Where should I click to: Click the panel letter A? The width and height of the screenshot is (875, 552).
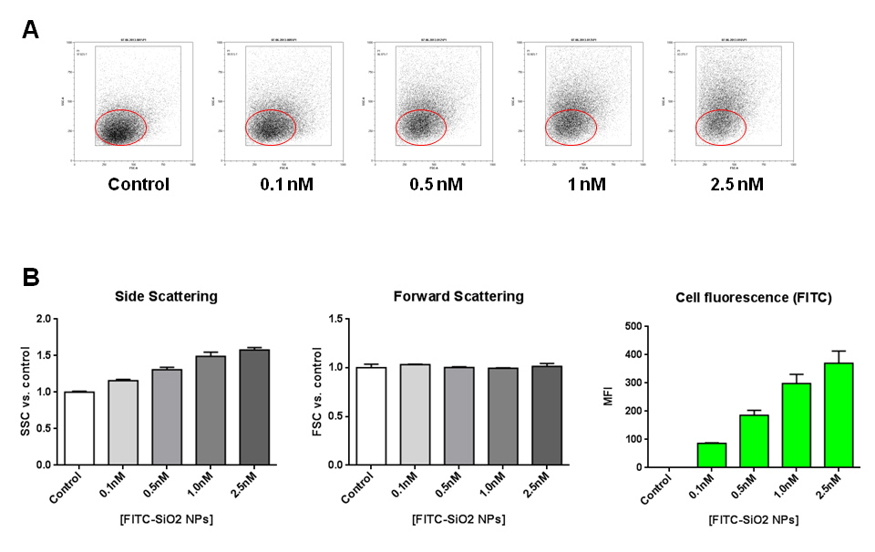[30, 29]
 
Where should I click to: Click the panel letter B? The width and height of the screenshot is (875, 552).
[30, 276]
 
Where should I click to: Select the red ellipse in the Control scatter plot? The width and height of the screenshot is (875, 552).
[119, 127]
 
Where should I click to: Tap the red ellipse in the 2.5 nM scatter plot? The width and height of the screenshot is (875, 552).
[721, 127]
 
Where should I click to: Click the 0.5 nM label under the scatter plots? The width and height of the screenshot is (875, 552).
[437, 184]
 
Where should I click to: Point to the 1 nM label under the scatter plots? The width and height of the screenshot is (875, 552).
[586, 184]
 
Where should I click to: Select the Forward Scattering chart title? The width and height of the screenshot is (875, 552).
[458, 296]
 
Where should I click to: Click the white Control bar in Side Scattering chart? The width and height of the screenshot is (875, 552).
[79, 428]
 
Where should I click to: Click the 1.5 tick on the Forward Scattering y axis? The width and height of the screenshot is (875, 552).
[349, 319]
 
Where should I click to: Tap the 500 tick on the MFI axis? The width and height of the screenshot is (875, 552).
[636, 326]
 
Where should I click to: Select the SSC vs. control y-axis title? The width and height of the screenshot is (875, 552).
[26, 392]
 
